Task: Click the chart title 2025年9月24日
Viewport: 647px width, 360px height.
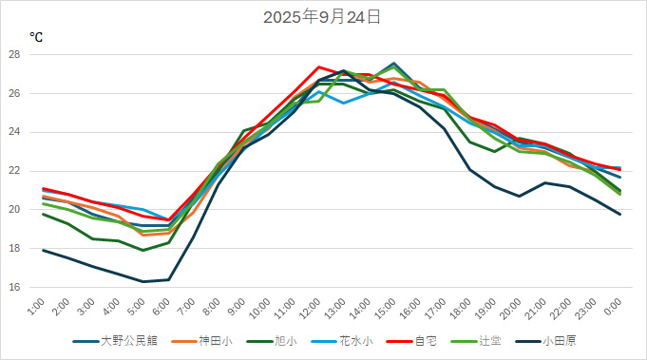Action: [x=323, y=16]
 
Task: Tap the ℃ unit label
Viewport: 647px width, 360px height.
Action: [x=36, y=38]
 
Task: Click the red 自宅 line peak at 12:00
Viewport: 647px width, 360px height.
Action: [x=318, y=67]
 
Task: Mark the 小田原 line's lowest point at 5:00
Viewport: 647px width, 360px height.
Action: [x=143, y=281]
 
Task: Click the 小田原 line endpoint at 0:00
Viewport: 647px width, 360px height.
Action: [x=620, y=214]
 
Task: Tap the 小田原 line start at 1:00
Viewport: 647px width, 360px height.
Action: [x=43, y=250]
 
